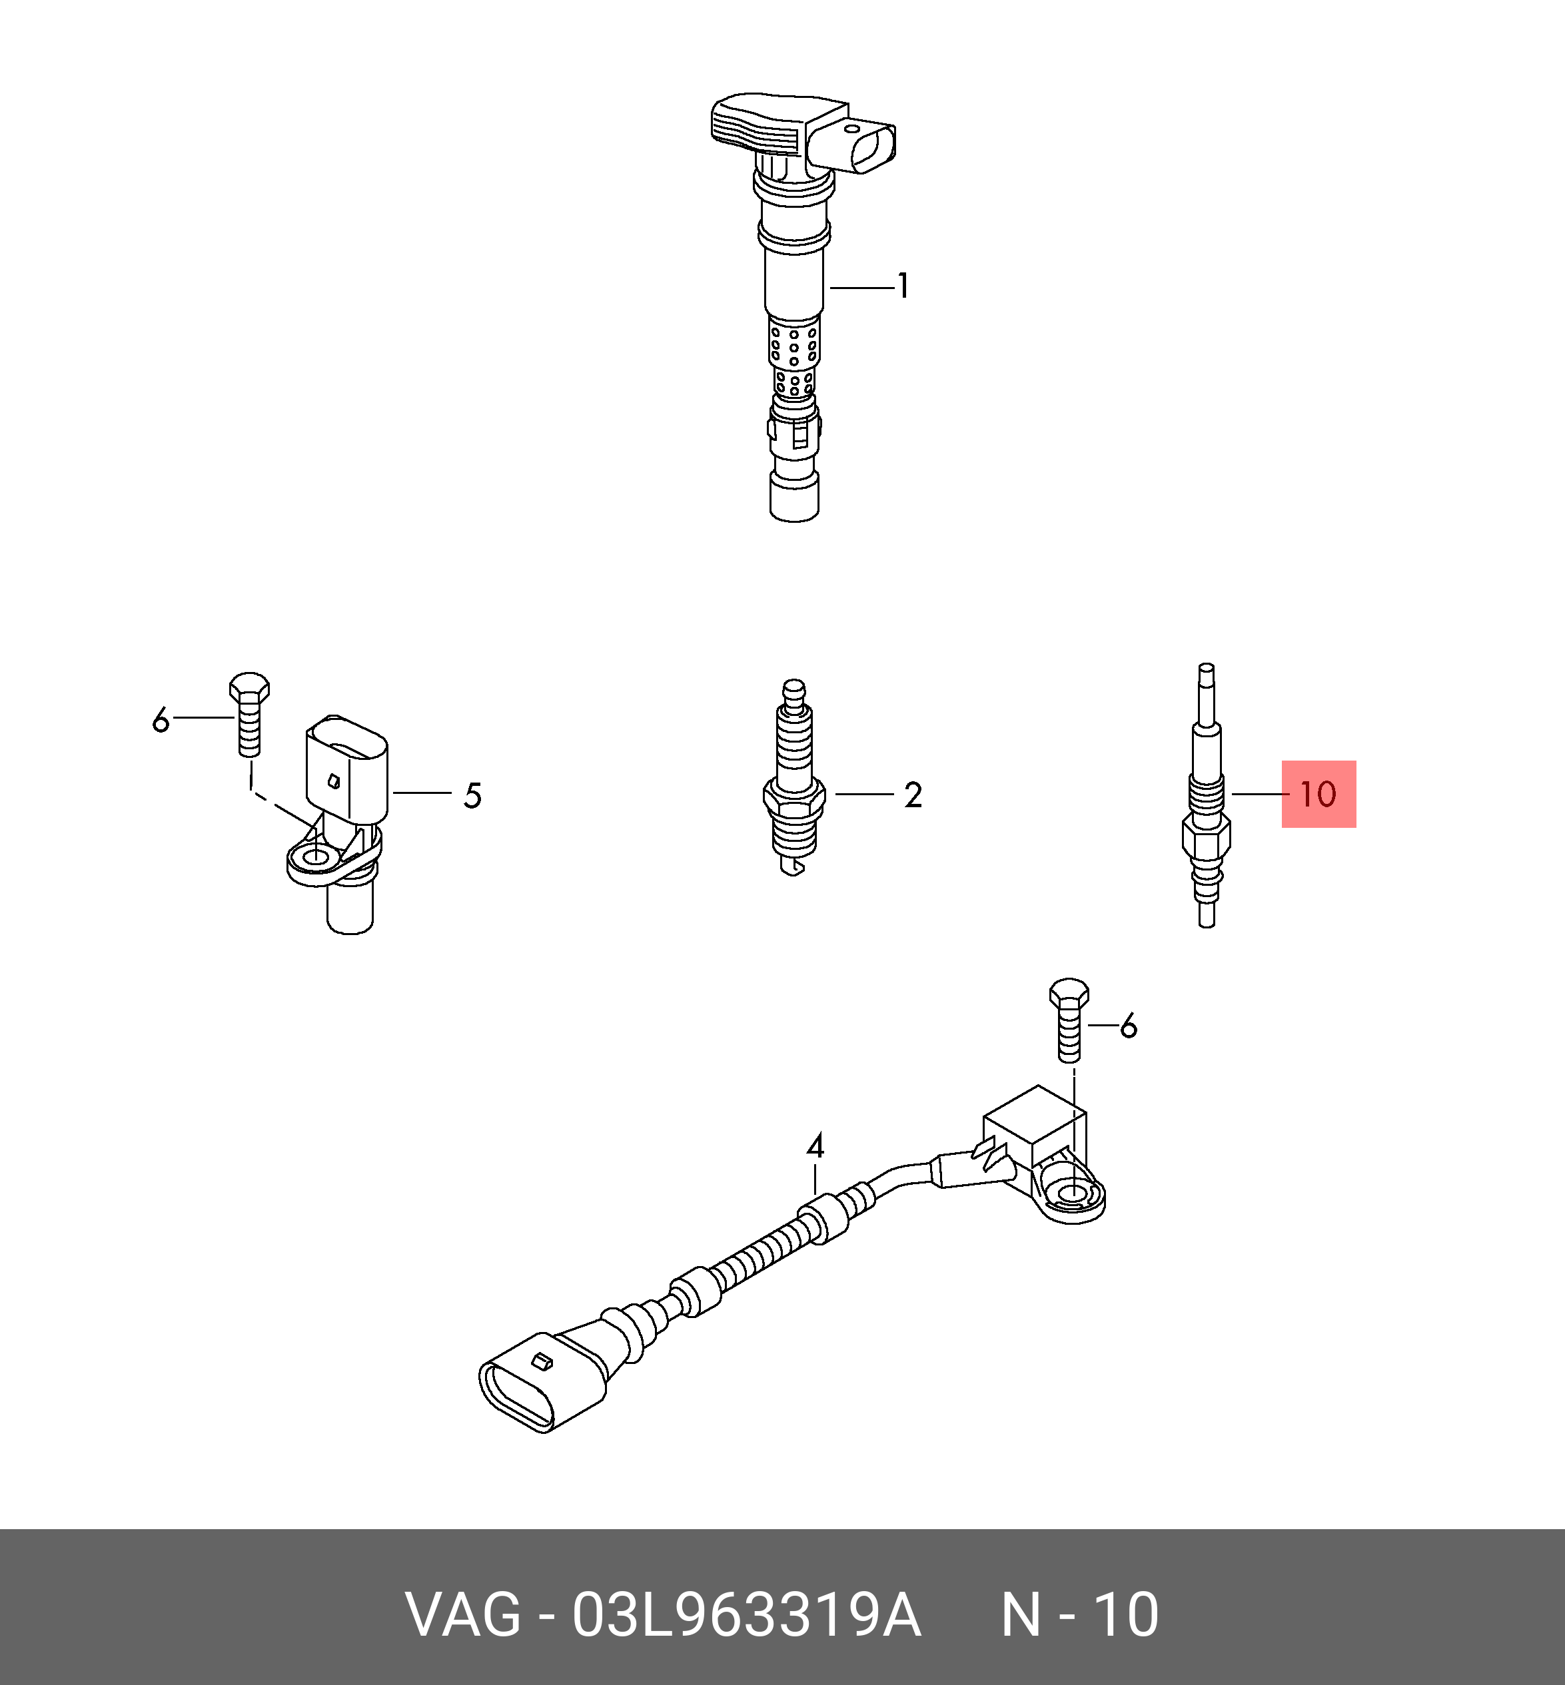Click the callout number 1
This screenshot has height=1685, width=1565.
(903, 286)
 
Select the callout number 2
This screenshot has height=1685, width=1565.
(912, 795)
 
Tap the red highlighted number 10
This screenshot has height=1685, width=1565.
(1318, 795)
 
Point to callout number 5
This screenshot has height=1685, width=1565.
(472, 796)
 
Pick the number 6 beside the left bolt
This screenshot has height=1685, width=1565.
(161, 721)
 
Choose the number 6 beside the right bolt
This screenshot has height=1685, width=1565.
(1128, 1026)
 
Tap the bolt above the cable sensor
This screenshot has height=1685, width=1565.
(1069, 1020)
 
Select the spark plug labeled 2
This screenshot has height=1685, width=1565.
(793, 777)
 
